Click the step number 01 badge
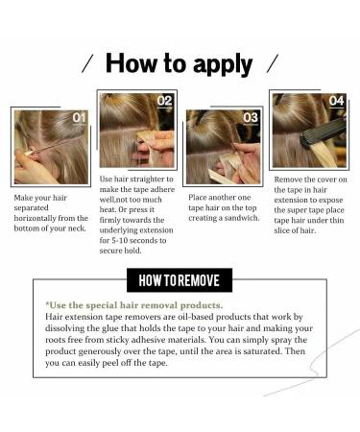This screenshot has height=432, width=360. point(78,118)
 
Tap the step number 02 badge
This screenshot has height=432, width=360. point(164,100)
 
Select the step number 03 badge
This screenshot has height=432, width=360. point(250,117)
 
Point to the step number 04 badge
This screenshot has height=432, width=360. point(336,100)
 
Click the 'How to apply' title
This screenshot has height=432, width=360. point(179,64)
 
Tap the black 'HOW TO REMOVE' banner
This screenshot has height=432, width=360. point(180,281)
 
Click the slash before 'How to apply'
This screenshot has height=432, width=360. point(87,64)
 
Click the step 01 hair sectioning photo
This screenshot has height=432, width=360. point(50,146)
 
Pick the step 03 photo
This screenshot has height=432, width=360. point(222,147)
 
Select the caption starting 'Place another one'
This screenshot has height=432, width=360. point(222,204)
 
